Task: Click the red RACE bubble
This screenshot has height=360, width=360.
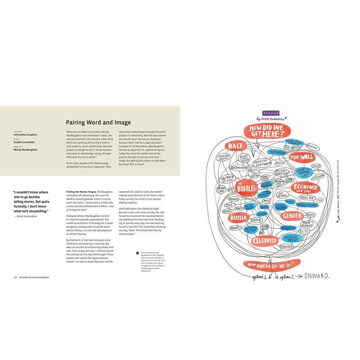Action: (236, 146)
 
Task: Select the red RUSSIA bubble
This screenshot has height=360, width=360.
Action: (238, 218)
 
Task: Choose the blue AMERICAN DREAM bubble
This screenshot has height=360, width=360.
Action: (292, 238)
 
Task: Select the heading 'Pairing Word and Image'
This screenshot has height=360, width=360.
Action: (98, 122)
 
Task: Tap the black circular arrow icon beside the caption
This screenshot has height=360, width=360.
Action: (137, 253)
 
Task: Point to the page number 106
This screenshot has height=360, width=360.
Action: (15, 277)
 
